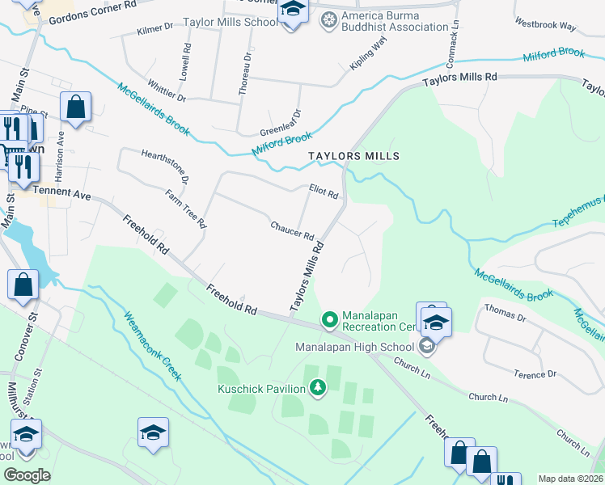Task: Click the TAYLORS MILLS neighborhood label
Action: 353,155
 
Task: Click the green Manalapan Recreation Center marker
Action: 329,321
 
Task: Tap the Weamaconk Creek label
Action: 151,346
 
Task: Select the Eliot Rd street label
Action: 324,191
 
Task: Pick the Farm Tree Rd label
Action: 186,209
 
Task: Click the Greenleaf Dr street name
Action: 280,124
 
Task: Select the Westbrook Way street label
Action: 545,26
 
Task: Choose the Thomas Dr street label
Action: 505,314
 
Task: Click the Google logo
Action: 27,475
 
